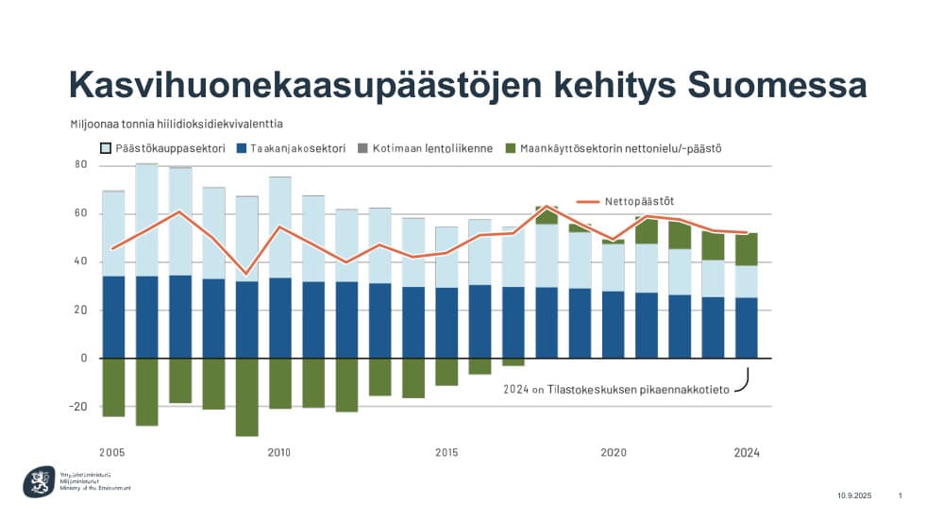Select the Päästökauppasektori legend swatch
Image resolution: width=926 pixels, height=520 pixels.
[x=106, y=149]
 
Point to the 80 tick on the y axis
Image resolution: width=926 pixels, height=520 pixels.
[x=81, y=165]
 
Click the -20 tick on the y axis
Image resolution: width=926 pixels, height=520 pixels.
[x=79, y=407]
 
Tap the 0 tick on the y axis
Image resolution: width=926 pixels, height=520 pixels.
[x=84, y=359]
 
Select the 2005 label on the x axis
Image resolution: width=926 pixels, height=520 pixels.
[x=112, y=452]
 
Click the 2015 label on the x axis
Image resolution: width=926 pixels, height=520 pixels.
[x=447, y=452]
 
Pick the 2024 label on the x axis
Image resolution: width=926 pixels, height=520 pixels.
[x=747, y=452]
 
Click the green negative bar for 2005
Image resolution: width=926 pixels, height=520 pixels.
[x=113, y=387]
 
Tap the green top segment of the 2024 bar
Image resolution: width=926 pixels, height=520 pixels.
[x=747, y=250]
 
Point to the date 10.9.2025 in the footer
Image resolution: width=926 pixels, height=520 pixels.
[x=855, y=495]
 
